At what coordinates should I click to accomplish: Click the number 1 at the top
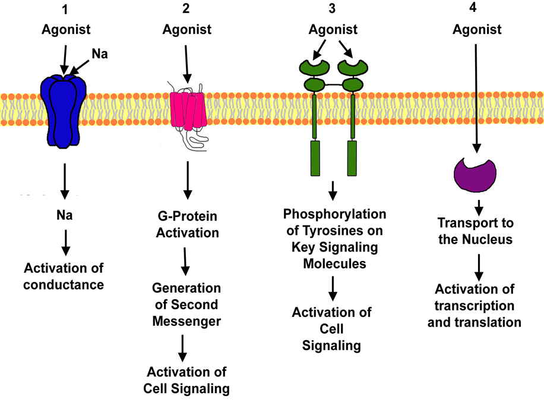point(66,10)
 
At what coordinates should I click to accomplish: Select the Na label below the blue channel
point(65,215)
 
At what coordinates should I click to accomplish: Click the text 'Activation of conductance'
point(64,276)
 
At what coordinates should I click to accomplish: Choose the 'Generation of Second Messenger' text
point(186,304)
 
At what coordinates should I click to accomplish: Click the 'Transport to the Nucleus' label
point(475,231)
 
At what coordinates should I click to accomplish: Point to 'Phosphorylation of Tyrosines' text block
point(334,238)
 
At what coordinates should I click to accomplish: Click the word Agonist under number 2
point(187,29)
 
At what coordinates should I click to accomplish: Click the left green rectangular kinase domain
point(315,158)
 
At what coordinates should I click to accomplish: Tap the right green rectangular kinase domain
point(352,158)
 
